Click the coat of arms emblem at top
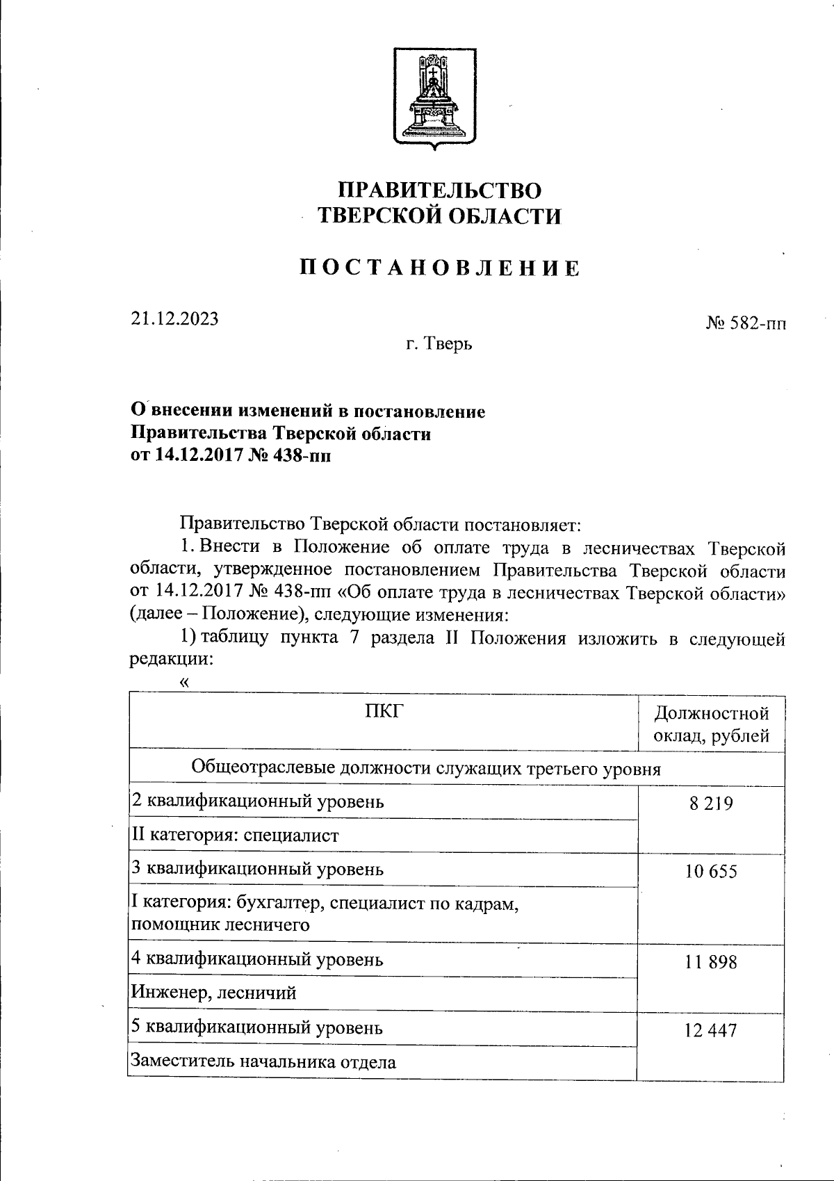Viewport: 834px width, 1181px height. pyautogui.click(x=434, y=98)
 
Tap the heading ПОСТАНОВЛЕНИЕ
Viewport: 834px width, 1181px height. pyautogui.click(x=439, y=268)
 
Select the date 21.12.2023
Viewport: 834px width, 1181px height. pyautogui.click(x=174, y=318)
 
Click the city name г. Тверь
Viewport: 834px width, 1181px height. pyautogui.click(x=439, y=343)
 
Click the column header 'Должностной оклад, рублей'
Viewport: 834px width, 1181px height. pyautogui.click(x=712, y=724)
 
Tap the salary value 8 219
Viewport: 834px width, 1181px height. pyautogui.click(x=711, y=804)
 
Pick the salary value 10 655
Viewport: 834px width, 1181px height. pyautogui.click(x=711, y=872)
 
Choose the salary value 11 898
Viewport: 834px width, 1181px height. pyautogui.click(x=711, y=963)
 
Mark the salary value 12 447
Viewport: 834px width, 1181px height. pyautogui.click(x=711, y=1031)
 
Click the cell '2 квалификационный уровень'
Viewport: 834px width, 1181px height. pyautogui.click(x=258, y=802)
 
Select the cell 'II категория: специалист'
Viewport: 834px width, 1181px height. pyautogui.click(x=236, y=836)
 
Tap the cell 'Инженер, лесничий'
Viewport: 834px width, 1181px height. pyautogui.click(x=214, y=993)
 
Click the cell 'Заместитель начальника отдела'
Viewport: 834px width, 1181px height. pyautogui.click(x=264, y=1062)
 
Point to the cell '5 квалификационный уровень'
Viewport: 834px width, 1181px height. pyautogui.click(x=258, y=1027)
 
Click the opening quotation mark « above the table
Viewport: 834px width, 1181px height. pyautogui.click(x=184, y=683)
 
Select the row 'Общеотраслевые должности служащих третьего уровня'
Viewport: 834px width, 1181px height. pyautogui.click(x=425, y=769)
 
